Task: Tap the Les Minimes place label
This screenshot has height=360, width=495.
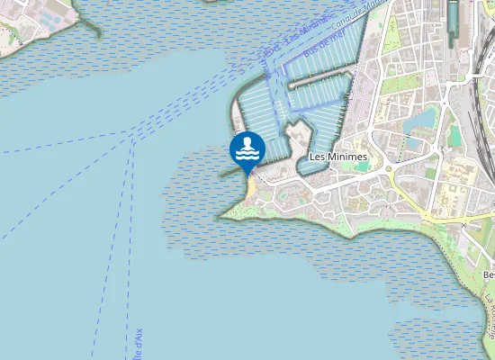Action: coord(331,156)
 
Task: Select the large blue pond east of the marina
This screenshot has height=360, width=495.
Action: coord(421,120)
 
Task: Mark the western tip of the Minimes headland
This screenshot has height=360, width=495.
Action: coord(221,215)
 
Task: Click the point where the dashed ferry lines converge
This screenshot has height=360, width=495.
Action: coord(133,139)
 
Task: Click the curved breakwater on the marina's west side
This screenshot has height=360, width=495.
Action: coord(238,108)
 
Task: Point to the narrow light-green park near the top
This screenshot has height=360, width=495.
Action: coord(391,36)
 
